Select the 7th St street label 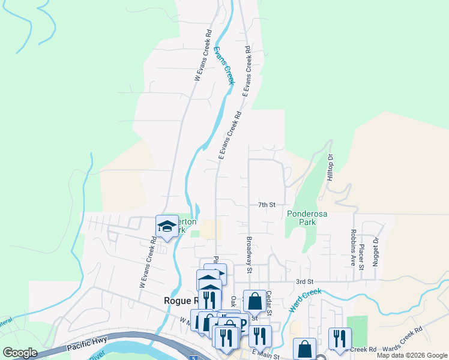click(267, 205)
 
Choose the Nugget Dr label click(376, 250)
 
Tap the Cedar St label click(270, 303)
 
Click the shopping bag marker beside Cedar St click(255, 301)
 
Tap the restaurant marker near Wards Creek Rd click(340, 339)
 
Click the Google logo click(20, 353)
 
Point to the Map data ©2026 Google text click(411, 355)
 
